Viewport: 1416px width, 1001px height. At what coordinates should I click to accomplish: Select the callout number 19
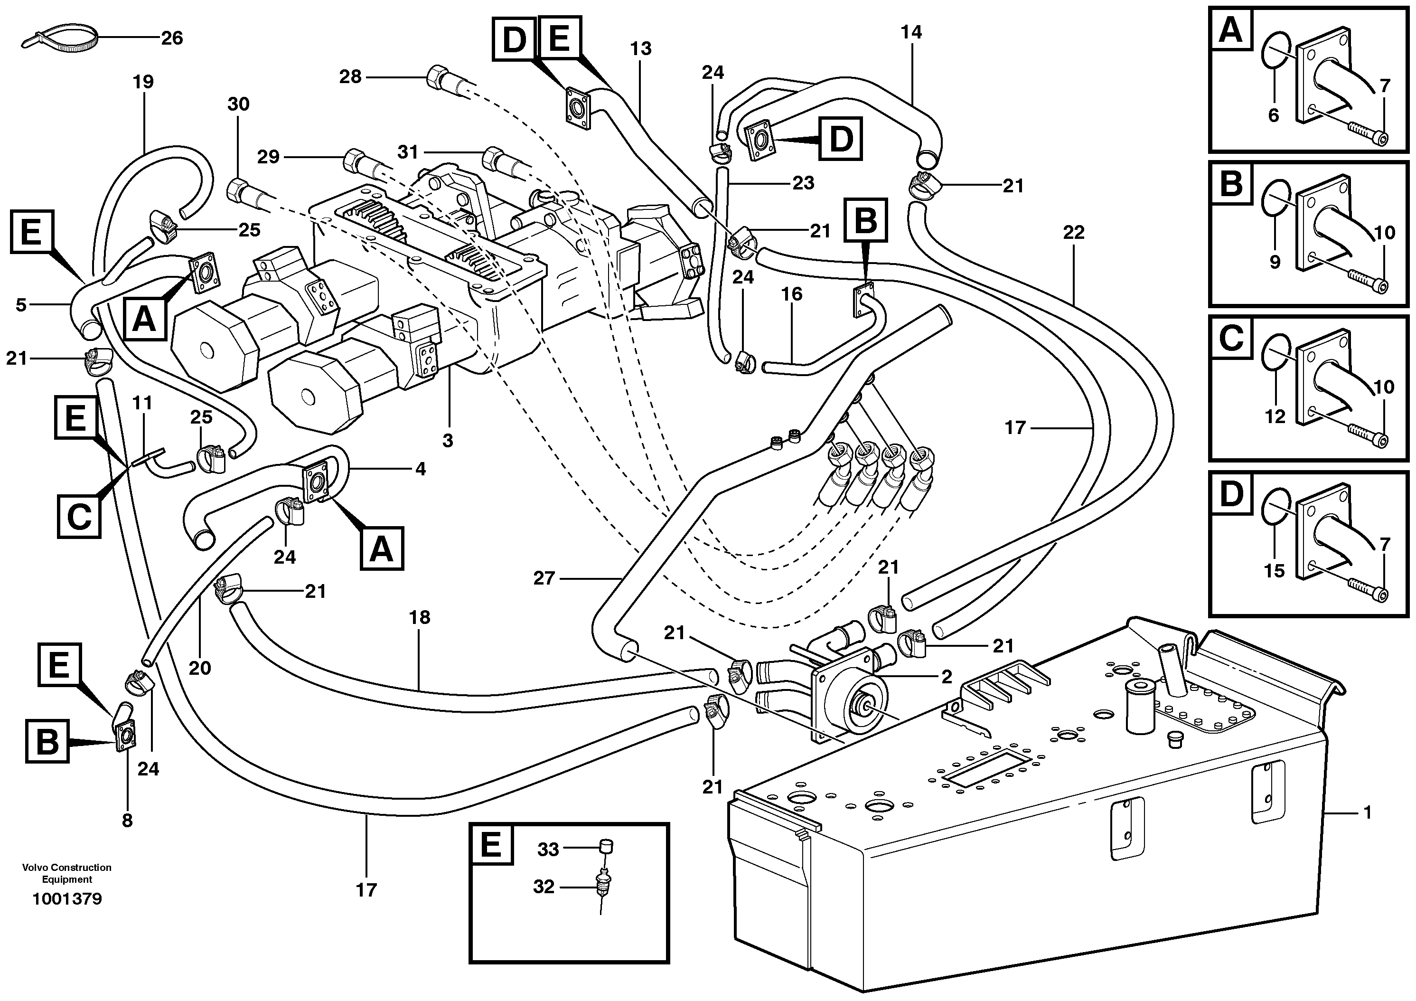[143, 81]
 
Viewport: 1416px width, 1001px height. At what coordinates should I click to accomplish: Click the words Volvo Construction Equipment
[66, 873]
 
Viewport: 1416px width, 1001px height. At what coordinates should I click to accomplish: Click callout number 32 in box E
[544, 887]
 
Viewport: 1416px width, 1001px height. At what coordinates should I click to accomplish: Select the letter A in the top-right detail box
[1231, 29]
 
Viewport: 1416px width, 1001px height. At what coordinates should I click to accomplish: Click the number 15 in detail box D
[1274, 570]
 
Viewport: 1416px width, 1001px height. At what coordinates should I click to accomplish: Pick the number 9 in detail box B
[1275, 262]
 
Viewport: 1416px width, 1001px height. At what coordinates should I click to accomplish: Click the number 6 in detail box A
[1274, 115]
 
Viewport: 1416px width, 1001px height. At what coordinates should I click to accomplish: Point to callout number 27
[544, 578]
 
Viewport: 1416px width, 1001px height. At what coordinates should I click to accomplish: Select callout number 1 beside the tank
[1367, 812]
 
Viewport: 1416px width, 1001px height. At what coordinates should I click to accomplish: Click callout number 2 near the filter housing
[947, 677]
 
